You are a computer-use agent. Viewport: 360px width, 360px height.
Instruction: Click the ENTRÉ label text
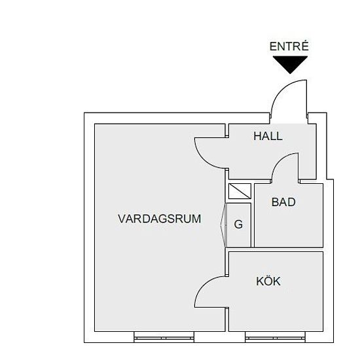[x=289, y=46]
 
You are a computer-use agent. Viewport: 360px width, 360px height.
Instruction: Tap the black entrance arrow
[x=290, y=65]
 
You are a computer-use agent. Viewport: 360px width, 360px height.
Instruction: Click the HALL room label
[x=268, y=136]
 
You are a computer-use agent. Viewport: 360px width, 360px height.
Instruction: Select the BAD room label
[x=283, y=202]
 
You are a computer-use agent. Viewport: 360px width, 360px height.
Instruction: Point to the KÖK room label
[x=268, y=281]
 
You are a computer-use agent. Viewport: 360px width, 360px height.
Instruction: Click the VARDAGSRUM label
[x=160, y=219]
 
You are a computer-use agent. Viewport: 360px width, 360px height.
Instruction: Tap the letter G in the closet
[x=238, y=224]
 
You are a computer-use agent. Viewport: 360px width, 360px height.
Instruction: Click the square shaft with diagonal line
[x=240, y=191]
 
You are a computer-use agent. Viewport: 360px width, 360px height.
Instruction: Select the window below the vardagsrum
[x=164, y=338]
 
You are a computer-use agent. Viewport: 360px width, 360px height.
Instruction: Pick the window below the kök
[x=276, y=338]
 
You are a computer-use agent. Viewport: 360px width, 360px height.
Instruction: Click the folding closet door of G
[x=223, y=225]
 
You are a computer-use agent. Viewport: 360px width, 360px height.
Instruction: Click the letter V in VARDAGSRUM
[x=122, y=219]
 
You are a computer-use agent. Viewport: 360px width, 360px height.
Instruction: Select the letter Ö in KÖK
[x=268, y=281]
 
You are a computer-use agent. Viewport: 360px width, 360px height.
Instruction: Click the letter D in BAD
[x=291, y=202]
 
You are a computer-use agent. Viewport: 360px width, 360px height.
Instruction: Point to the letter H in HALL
[x=257, y=136]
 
